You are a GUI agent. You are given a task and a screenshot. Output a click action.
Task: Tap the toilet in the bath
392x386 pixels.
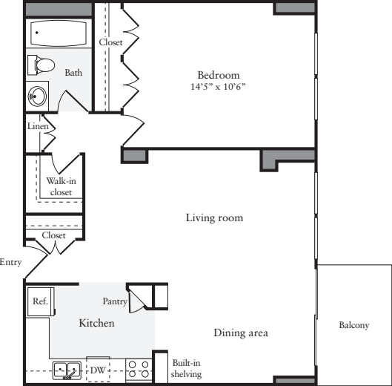(43, 65)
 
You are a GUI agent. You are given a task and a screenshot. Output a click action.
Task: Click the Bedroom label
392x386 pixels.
(219, 75)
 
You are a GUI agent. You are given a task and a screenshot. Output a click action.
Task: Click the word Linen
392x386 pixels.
(38, 126)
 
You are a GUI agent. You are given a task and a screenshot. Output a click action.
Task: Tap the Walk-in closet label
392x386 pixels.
(59, 186)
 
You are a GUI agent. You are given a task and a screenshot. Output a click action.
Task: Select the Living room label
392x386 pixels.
(214, 218)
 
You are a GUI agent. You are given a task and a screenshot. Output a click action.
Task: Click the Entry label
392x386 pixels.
(10, 262)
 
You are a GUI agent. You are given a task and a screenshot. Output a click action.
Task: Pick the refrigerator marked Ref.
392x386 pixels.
(39, 301)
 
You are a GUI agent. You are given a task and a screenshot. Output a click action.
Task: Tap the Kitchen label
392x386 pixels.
(96, 324)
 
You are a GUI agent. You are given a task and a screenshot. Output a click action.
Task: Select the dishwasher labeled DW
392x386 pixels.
(98, 369)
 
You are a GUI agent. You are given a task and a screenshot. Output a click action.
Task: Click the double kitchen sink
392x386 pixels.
(67, 370)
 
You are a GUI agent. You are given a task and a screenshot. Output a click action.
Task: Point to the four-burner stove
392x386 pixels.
(139, 369)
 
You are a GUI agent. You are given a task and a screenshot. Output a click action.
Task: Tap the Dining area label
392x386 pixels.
(241, 333)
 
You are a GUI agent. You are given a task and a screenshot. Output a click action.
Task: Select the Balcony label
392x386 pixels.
(354, 325)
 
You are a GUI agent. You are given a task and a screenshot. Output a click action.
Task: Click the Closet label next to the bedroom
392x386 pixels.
(110, 42)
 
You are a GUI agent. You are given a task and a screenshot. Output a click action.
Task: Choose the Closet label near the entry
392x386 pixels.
(53, 235)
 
